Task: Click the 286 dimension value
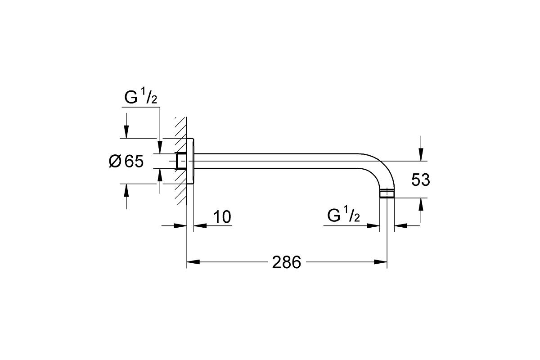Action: coord(286,262)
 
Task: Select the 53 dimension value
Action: coord(420,180)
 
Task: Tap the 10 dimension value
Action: coord(222,217)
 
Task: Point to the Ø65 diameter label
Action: coord(126,161)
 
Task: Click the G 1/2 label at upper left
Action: coord(141,96)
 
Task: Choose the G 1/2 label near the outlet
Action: coord(343,214)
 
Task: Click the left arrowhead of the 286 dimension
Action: coord(193,262)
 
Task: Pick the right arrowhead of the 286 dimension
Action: coord(380,262)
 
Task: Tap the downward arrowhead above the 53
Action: coord(421,154)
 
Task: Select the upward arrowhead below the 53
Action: coord(421,204)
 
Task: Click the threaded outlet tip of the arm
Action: coord(387,193)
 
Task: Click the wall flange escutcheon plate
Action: coord(190,161)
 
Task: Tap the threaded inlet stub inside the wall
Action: coord(181,161)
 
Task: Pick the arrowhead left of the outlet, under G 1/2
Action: coord(373,226)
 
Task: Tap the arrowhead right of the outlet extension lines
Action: coord(400,226)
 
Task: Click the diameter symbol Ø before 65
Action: coord(115,161)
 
